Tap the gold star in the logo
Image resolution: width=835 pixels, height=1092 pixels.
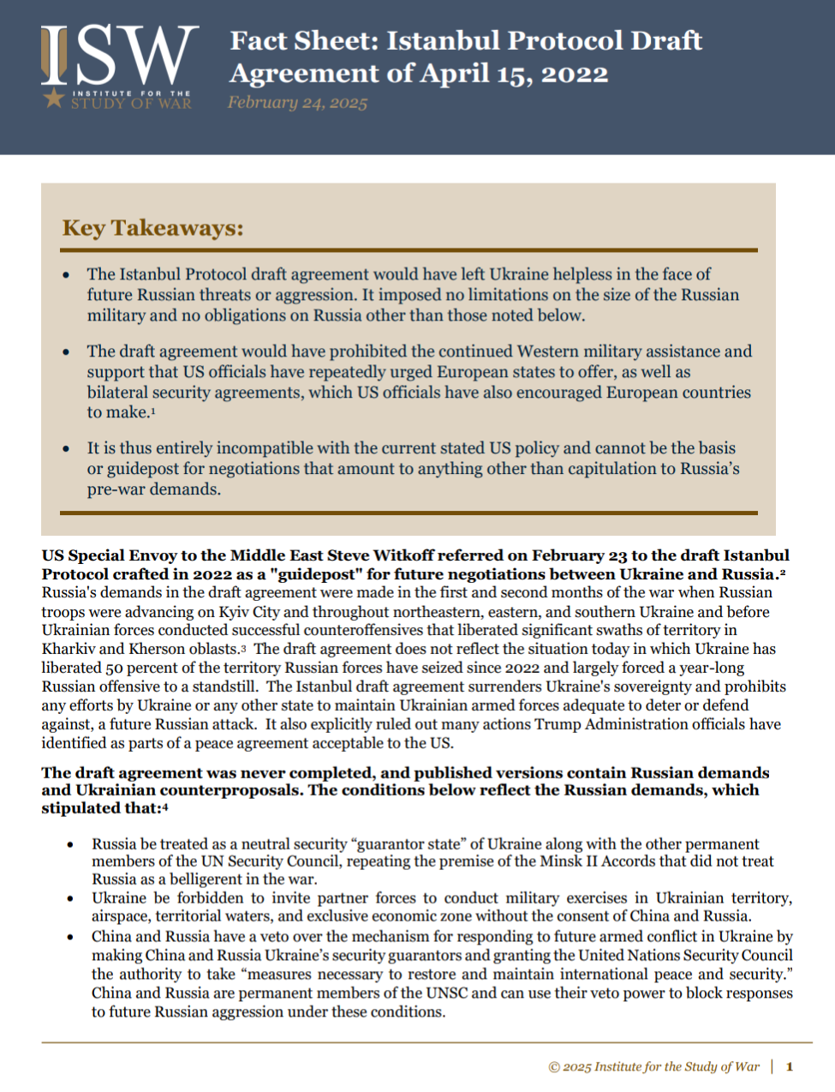pyautogui.click(x=54, y=98)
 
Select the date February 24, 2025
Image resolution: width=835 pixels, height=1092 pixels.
pyautogui.click(x=297, y=103)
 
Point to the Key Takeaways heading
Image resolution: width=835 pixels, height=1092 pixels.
pyautogui.click(x=152, y=228)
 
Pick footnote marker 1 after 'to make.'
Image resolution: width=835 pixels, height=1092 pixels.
pyautogui.click(x=153, y=411)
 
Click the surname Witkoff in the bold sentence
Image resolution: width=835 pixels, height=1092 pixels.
pyautogui.click(x=403, y=555)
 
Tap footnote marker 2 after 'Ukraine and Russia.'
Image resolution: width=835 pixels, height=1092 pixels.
pyautogui.click(x=783, y=572)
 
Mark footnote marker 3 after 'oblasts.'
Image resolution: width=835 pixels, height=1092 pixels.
pyautogui.click(x=243, y=650)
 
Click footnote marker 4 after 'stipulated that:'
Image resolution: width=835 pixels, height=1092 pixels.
pyautogui.click(x=165, y=807)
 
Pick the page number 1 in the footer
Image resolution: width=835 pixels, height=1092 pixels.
pyautogui.click(x=789, y=1066)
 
